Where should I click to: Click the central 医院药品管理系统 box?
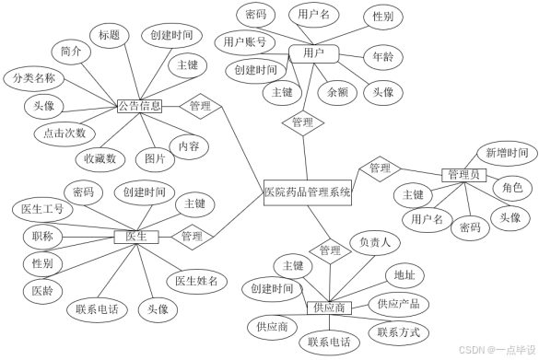[x=308, y=192]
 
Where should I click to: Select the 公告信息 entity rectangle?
[x=140, y=107]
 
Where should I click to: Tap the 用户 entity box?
[x=313, y=53]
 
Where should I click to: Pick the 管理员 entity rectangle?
[x=463, y=175]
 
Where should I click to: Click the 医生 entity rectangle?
[x=136, y=237]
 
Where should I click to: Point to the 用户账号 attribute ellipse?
[x=245, y=42]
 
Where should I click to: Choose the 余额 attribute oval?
[x=337, y=92]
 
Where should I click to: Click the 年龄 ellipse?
[x=381, y=58]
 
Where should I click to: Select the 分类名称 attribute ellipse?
[x=34, y=78]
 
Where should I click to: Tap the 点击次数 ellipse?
[x=64, y=134]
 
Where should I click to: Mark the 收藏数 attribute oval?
[x=100, y=159]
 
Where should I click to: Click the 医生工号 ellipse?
[x=42, y=209]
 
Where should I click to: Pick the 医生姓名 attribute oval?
[x=196, y=281]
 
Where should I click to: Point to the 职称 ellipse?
[x=41, y=237]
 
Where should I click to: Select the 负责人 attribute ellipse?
[x=374, y=243]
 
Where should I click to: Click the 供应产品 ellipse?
[x=398, y=304]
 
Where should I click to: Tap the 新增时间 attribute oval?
[x=507, y=154]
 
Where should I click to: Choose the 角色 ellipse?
[x=512, y=188]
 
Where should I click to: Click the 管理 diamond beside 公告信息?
[x=200, y=107]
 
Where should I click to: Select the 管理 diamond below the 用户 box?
[x=302, y=122]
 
